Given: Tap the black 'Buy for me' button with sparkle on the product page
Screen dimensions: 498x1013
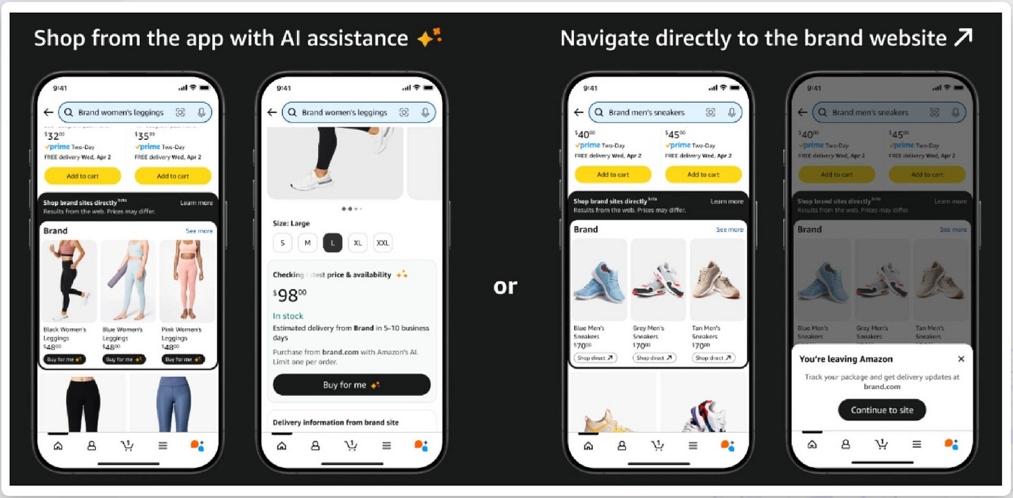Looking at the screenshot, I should point(351,385).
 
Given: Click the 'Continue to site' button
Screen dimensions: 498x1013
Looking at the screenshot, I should point(882,410).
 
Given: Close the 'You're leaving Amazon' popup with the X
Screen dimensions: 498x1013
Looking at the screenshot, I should point(961,359).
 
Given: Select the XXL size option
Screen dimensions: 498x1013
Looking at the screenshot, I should point(382,243).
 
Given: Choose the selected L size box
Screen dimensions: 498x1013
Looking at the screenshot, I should point(333,243).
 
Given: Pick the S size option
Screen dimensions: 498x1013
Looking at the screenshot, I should point(282,243).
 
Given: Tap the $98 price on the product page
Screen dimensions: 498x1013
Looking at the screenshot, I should point(289,295).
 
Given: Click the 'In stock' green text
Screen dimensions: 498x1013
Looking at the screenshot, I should point(288,316).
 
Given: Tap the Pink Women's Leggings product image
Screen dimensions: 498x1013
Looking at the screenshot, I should point(187,281).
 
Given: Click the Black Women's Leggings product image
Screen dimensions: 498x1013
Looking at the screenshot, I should point(69,281).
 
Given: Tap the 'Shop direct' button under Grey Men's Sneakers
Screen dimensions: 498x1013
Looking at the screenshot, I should point(654,358).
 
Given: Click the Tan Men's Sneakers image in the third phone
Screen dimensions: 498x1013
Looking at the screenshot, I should point(717,279).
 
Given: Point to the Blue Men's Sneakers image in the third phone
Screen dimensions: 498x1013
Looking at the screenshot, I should point(598,279).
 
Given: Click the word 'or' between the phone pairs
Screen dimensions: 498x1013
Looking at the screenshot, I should point(505,286).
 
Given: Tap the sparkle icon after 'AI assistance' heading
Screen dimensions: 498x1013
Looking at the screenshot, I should point(429,38).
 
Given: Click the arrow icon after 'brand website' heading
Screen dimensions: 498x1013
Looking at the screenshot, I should point(963,38).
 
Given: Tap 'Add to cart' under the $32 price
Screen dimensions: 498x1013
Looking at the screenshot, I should point(82,176).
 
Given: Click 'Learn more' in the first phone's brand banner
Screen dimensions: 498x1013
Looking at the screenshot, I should point(196,203).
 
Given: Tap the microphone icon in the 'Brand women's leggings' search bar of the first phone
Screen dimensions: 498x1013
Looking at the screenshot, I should point(202,112).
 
